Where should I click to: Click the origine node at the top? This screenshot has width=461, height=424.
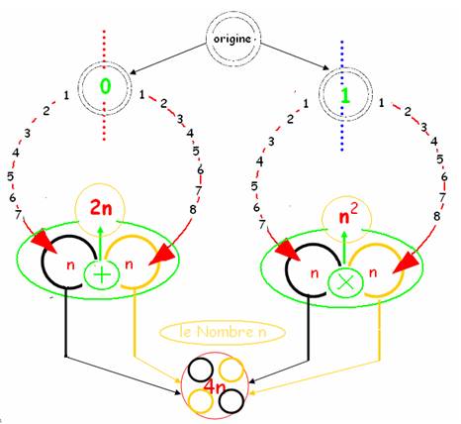pos(233,39)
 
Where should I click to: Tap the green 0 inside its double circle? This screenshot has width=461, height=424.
pos(105,86)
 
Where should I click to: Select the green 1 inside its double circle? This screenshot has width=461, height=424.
pos(345,96)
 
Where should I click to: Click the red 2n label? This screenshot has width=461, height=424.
pos(101,209)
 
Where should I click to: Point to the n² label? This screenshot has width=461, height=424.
pos(348,216)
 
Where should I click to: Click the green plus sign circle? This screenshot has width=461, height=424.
pos(102,275)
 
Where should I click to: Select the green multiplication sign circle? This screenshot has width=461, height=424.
pos(346,282)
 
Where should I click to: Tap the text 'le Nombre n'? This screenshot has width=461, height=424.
pos(223,332)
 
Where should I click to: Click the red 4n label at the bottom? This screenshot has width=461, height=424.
pos(215,387)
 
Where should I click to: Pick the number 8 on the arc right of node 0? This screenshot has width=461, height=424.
pos(193,209)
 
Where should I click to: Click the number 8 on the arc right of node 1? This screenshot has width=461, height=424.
pos(436,216)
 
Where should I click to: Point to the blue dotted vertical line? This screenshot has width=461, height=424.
pos(342,96)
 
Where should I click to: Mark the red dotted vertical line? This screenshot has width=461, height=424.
pos(104,85)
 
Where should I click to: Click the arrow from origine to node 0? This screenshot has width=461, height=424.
pos(168,58)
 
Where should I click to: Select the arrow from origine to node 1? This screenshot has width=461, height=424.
pos(295,56)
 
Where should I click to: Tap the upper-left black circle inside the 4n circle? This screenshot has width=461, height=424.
pos(201,370)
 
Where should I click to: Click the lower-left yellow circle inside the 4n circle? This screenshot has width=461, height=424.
pos(200,400)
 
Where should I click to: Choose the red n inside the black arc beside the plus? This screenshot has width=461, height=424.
pos(70,265)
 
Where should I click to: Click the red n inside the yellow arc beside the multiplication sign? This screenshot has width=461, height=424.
pos(373,272)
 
